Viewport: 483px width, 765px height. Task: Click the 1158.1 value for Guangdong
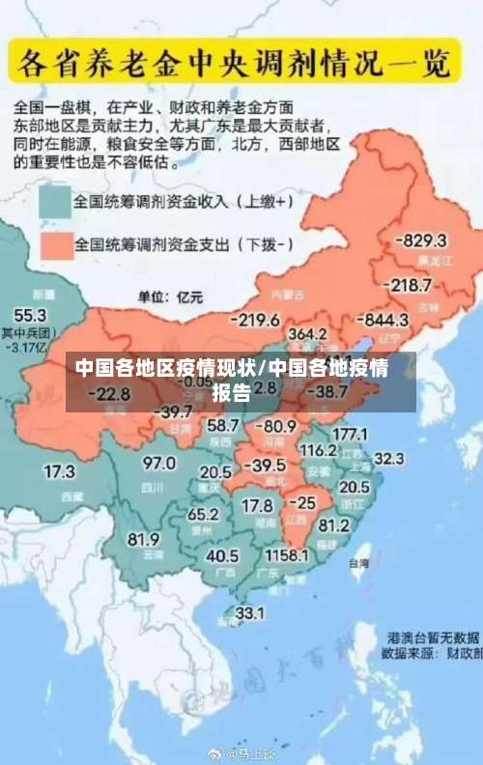pyautogui.click(x=286, y=555)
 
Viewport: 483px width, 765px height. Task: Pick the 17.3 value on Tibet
pyautogui.click(x=59, y=471)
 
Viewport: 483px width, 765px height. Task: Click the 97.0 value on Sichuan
pyautogui.click(x=158, y=464)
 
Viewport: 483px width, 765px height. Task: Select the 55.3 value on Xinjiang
pyautogui.click(x=29, y=315)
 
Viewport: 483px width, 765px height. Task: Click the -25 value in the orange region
pyautogui.click(x=304, y=502)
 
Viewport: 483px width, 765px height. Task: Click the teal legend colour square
pyautogui.click(x=55, y=203)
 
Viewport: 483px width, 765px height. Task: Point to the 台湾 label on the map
pyautogui.click(x=358, y=562)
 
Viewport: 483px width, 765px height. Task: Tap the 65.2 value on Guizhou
pyautogui.click(x=203, y=514)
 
